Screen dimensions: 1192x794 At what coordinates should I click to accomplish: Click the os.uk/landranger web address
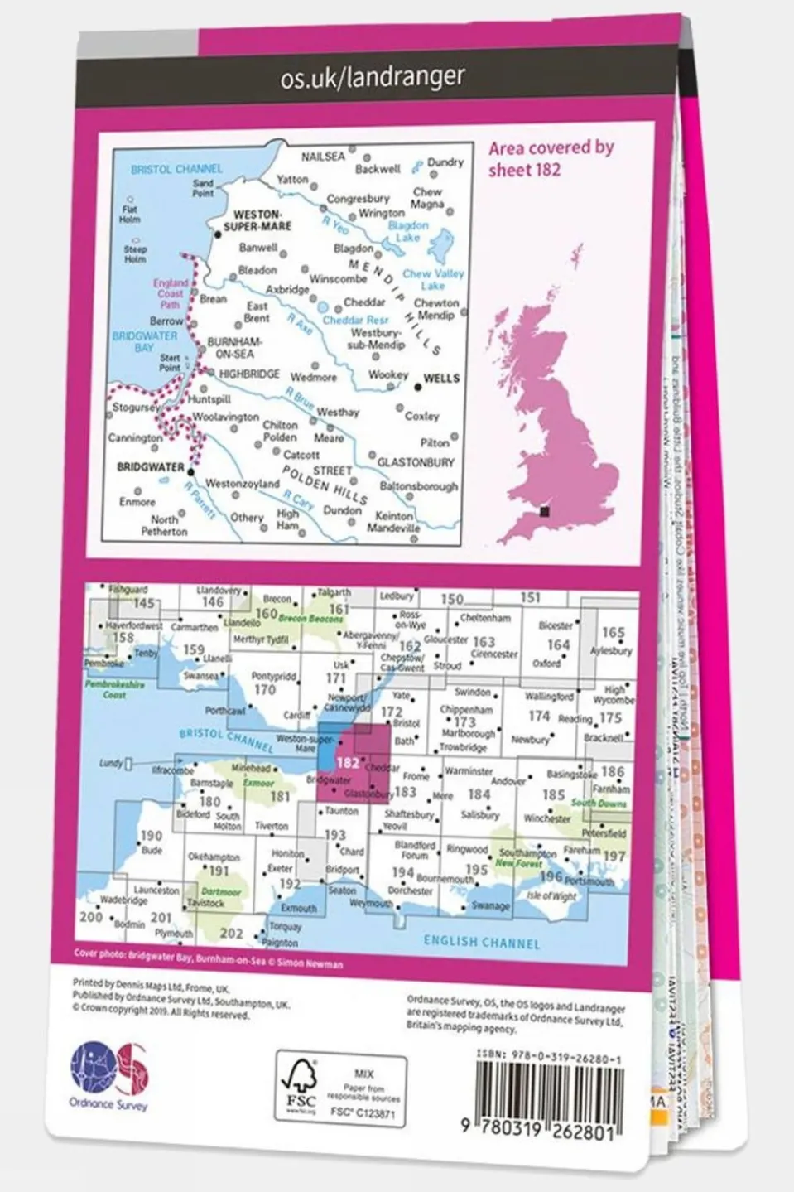[373, 78]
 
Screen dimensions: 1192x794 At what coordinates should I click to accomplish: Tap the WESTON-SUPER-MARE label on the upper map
[257, 220]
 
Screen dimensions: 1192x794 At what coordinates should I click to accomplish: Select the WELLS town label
[440, 379]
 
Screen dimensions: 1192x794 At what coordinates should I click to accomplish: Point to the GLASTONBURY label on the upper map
[416, 462]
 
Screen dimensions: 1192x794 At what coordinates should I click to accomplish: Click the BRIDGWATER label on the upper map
[150, 467]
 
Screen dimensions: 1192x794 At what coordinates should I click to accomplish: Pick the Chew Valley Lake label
[433, 279]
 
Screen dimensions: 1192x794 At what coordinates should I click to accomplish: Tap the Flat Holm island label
[129, 215]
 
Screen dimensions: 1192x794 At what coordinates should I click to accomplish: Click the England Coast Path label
[170, 293]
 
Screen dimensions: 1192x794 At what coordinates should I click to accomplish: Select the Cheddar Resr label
[355, 321]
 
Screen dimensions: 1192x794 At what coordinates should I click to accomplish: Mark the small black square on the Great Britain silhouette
[544, 512]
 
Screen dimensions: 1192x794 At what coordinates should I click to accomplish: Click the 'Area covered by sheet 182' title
[551, 158]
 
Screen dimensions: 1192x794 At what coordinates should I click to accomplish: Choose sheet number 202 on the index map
[231, 933]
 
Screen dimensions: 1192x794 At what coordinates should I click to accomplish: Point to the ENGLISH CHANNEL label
[481, 942]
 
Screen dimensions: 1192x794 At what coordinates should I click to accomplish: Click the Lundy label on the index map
[110, 763]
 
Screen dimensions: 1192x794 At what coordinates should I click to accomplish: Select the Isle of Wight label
[551, 895]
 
